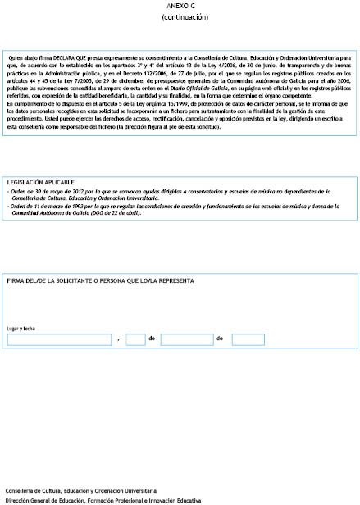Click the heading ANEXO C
coord(179,5)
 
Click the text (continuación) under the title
coord(179,16)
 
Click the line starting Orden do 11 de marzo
coord(164,206)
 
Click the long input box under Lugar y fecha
coord(59,339)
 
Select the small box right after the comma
coord(135,339)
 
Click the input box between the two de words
coord(186,339)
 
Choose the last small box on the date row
coord(248,339)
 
